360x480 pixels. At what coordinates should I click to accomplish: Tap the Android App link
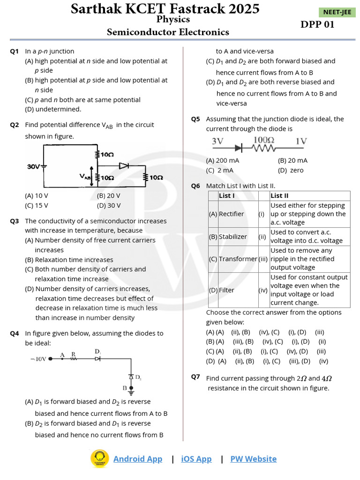click(x=137, y=459)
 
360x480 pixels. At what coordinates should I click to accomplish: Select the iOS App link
click(x=196, y=459)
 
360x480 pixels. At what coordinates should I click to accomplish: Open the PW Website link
click(x=253, y=459)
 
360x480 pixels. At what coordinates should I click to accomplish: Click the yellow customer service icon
click(x=99, y=458)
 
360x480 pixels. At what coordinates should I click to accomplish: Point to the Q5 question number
click(x=195, y=119)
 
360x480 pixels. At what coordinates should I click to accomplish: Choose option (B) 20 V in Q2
click(x=108, y=196)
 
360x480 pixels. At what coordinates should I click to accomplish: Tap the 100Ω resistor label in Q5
click(x=263, y=140)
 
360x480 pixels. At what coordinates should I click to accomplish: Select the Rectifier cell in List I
click(x=232, y=214)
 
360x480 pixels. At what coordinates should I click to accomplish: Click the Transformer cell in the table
click(x=238, y=259)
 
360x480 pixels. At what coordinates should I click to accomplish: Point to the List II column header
click(x=280, y=195)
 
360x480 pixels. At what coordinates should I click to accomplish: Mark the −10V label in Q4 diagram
click(x=38, y=359)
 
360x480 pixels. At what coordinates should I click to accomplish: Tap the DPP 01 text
click(x=317, y=25)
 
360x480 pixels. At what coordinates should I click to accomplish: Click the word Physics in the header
click(x=173, y=20)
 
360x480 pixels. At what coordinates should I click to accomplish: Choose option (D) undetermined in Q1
click(x=53, y=109)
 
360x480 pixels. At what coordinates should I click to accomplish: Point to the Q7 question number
click(x=195, y=377)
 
